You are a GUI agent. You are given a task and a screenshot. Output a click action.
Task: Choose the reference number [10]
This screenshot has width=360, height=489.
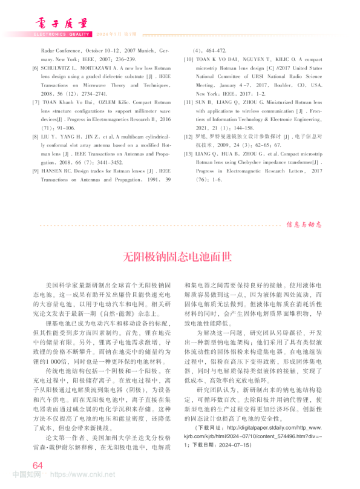pos(188,60)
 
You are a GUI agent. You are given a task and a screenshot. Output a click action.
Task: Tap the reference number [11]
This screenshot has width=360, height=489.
pos(188,103)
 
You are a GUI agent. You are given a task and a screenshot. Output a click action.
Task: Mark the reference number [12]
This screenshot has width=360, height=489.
pos(188,137)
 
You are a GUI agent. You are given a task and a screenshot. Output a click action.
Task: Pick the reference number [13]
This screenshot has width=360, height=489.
pos(188,154)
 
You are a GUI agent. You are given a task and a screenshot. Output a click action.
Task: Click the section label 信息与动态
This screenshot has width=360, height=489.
pos(306,223)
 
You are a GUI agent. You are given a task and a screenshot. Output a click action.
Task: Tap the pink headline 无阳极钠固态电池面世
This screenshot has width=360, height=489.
pos(179,256)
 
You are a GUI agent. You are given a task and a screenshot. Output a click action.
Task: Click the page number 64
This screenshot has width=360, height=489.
pos(38,465)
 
